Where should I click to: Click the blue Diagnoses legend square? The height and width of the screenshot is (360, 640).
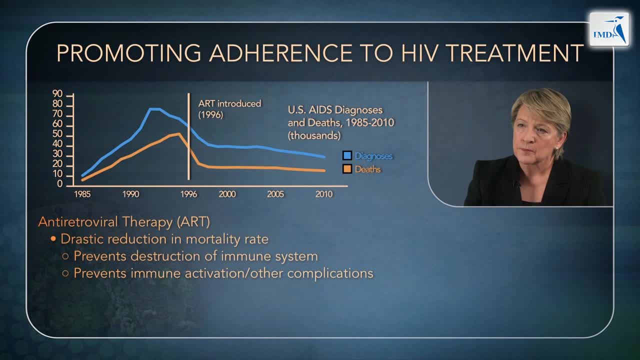[x=347, y=156]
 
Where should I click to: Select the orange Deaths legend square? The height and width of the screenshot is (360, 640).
[x=347, y=169]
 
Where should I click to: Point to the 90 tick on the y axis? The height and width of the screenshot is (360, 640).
[x=58, y=94]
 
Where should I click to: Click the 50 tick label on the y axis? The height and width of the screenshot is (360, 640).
[x=58, y=134]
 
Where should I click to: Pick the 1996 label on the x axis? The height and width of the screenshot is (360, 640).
[x=189, y=194]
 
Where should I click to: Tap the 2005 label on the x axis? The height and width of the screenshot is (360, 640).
[x=275, y=194]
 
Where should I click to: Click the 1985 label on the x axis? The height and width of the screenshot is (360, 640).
[x=82, y=194]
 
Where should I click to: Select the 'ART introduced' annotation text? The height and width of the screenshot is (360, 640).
[x=229, y=104]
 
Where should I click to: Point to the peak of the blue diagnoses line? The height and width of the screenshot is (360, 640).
[x=154, y=108]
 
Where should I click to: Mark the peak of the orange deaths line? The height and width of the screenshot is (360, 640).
[x=179, y=133]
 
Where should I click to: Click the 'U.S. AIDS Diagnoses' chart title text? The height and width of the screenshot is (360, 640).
[x=335, y=110]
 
